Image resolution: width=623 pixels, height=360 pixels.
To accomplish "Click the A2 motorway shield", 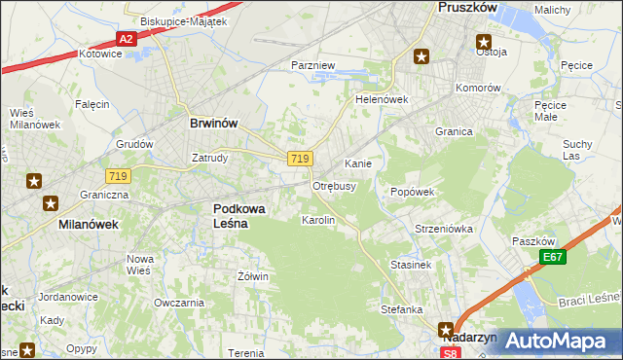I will click(x=125, y=39).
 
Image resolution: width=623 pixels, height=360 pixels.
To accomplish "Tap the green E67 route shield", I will click(x=554, y=257).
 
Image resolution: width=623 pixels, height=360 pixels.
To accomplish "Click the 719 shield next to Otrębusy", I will click(x=300, y=159).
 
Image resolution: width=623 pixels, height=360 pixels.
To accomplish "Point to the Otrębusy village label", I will click(x=334, y=185).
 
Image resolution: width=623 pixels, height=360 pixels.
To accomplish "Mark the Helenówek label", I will click(x=381, y=99).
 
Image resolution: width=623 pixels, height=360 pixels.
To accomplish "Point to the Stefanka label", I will click(x=402, y=309).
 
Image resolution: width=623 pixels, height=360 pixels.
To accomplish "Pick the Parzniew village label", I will click(x=313, y=64).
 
